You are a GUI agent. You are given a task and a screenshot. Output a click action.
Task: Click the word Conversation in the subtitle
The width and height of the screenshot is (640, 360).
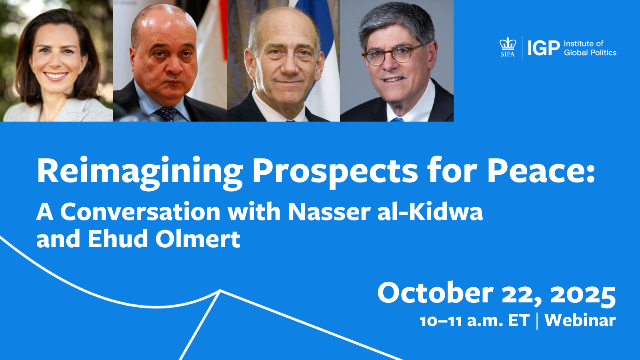140,212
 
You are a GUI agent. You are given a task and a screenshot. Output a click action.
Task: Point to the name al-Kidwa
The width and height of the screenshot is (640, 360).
430,212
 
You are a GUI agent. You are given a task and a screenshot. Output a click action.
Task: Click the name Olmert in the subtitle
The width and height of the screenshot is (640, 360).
198,238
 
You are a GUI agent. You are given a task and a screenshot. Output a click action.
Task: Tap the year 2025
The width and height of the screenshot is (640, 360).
583,294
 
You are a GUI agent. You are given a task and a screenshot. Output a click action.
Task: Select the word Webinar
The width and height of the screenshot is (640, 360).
580,320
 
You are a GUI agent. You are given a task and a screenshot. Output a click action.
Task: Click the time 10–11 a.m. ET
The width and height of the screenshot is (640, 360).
474,320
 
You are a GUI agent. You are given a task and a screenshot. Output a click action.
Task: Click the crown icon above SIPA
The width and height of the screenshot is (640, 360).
508,43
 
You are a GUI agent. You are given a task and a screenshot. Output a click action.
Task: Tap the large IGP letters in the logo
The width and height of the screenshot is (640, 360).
544,48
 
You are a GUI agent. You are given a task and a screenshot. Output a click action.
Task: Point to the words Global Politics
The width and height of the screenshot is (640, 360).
590,52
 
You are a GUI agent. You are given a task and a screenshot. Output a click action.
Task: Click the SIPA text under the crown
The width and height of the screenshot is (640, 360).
508,54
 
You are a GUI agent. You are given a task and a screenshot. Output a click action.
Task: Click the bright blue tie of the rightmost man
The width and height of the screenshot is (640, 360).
397,120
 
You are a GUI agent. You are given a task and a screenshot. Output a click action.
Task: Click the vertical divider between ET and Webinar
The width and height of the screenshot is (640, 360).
537,321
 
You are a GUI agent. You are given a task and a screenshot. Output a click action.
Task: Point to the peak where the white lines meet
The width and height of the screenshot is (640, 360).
220,290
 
